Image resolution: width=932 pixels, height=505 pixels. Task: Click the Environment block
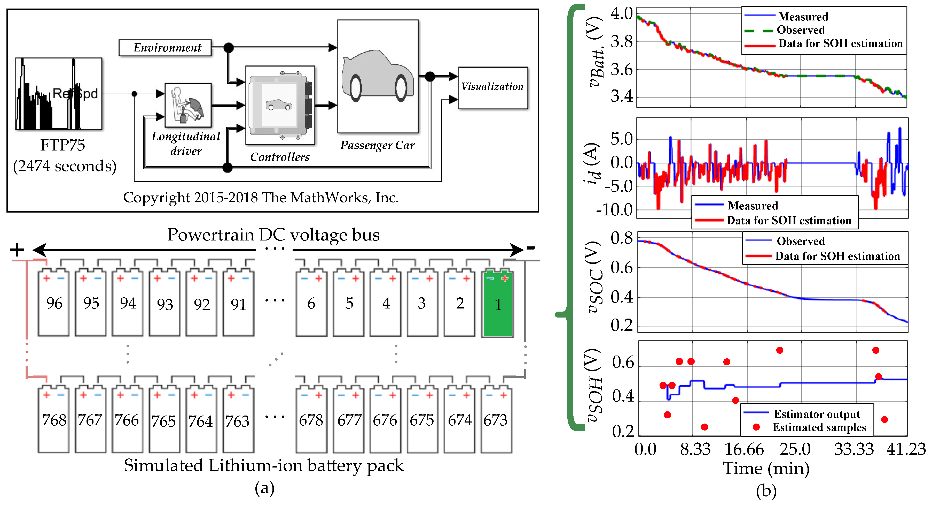tap(165, 48)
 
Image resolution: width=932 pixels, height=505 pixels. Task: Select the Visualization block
tap(492, 87)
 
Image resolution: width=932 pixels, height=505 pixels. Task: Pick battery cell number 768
tap(54, 420)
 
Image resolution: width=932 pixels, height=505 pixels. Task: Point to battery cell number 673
tap(496, 420)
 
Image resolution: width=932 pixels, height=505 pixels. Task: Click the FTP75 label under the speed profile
tap(62, 145)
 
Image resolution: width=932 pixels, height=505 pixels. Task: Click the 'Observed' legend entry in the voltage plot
tap(800, 30)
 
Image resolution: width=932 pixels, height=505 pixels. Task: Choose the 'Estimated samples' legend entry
tap(819, 427)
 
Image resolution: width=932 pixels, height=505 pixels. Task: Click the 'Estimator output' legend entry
tap(817, 414)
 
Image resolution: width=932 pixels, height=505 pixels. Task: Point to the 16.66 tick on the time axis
tap(744, 450)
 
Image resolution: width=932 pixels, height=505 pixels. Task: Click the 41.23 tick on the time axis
tap(906, 450)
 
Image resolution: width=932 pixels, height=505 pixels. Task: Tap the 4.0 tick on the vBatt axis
tap(622, 14)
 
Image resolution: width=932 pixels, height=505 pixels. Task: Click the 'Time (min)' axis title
tap(766, 468)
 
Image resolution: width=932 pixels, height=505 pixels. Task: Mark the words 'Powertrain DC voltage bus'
tap(273, 235)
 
